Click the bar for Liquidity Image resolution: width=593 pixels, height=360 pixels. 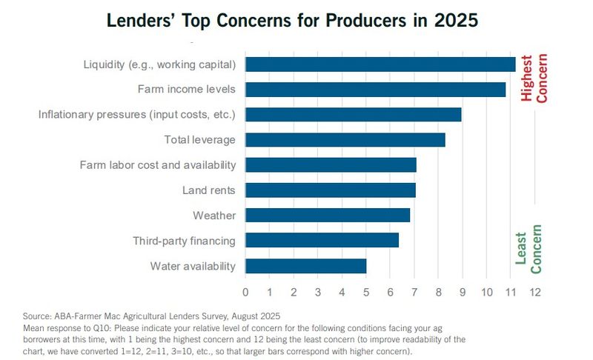click(380, 64)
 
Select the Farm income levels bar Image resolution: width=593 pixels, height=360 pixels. click(375, 90)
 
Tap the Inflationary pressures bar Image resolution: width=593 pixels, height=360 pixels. click(353, 115)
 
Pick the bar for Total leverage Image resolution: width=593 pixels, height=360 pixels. click(345, 140)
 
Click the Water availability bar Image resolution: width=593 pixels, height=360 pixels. click(305, 266)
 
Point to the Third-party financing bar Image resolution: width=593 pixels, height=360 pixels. click(322, 240)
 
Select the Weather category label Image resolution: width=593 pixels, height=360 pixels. click(214, 216)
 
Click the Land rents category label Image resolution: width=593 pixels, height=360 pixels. click(208, 190)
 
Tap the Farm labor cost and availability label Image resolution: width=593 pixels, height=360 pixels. click(158, 165)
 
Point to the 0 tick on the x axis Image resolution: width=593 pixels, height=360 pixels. click(245, 292)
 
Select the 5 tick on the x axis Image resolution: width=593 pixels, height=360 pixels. click(366, 292)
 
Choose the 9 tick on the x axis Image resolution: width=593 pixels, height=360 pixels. click(463, 292)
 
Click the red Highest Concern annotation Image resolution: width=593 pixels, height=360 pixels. click(534, 79)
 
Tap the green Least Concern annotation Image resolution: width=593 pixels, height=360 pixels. click(529, 248)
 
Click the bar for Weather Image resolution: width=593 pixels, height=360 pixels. click(327, 215)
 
